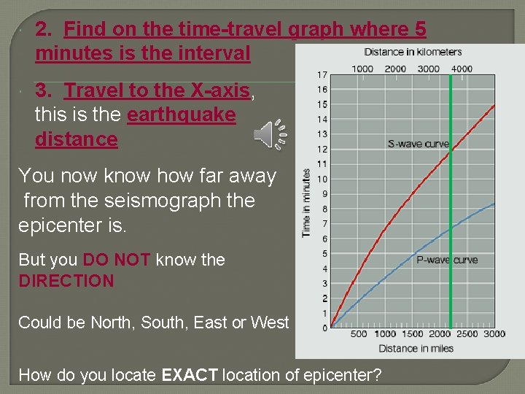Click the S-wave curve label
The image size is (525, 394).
pos(418,144)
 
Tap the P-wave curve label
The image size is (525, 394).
pos(446,259)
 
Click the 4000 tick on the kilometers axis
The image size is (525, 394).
pos(461,69)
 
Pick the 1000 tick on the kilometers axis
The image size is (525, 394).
pos(362,69)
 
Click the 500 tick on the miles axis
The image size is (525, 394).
pos(359,334)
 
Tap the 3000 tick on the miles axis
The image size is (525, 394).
pos(494,334)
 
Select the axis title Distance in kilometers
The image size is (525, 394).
pos(413,52)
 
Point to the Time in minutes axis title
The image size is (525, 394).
pos(306,203)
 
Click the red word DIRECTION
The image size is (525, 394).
pos(66,281)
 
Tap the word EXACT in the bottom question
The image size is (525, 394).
pos(188,375)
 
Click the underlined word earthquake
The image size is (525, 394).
pos(181,115)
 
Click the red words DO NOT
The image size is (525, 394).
pos(117,260)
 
